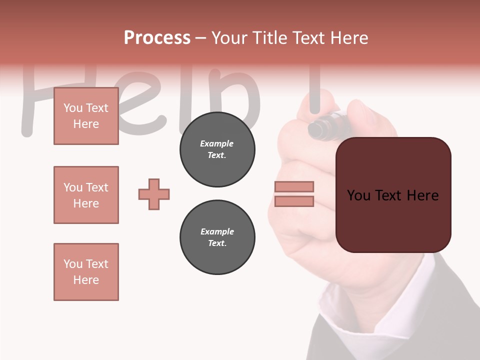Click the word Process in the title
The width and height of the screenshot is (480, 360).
click(157, 37)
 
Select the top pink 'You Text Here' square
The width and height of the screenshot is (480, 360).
click(86, 116)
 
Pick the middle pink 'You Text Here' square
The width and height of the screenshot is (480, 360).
click(86, 195)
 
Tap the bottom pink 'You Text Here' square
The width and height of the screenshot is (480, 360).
click(86, 272)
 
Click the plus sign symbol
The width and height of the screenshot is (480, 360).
click(154, 194)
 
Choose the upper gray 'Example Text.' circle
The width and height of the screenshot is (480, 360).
click(217, 149)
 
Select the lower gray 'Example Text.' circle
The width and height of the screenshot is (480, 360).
click(217, 237)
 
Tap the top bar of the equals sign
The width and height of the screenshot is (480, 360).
click(294, 186)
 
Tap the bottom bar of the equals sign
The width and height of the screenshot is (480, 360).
click(294, 201)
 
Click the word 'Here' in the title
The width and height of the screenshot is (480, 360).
click(348, 37)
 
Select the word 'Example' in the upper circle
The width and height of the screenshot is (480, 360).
click(217, 143)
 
